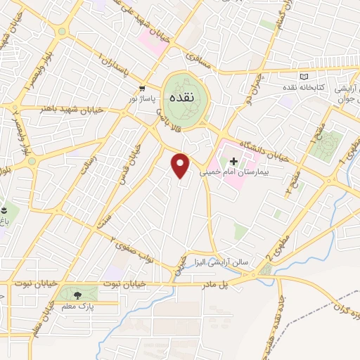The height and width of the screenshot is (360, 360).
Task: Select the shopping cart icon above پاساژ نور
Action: pyautogui.click(x=143, y=89)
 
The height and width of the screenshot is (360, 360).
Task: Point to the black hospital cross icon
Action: pyautogui.click(x=234, y=161)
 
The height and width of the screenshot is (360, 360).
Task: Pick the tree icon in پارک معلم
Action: pyautogui.click(x=77, y=294)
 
